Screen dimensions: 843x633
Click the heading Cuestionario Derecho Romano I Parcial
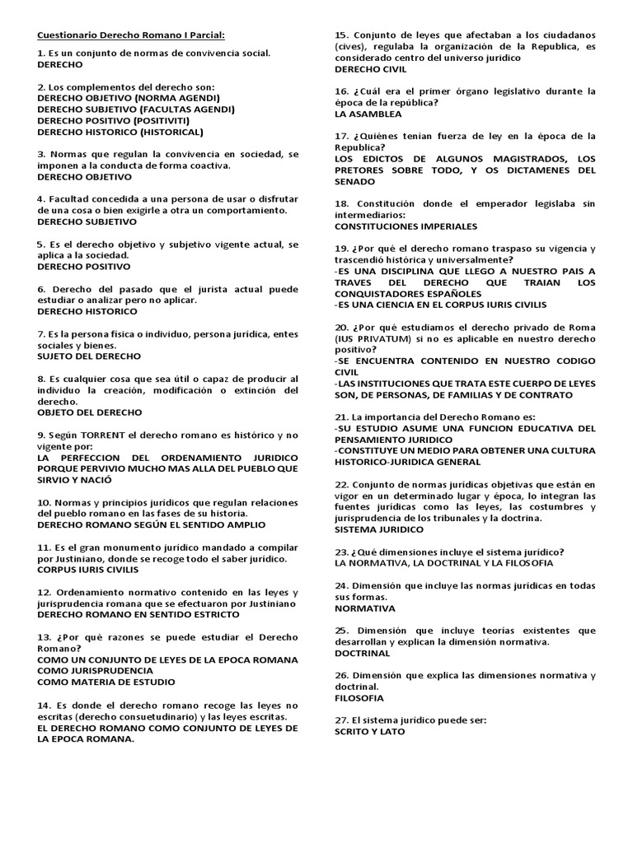pos(131,35)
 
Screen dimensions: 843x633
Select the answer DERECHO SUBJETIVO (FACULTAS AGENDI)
pos(135,109)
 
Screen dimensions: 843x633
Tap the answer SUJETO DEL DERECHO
pos(89,356)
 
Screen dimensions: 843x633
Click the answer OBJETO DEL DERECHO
pos(90,412)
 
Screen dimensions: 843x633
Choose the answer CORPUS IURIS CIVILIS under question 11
pos(88,570)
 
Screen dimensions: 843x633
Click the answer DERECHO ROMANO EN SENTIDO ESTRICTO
pos(143,615)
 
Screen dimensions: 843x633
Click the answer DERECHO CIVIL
pos(371,70)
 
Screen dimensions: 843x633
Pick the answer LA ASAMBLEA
pos(368,114)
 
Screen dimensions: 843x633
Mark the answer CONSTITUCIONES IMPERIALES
pos(406,226)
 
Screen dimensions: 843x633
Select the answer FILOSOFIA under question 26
pos(359,698)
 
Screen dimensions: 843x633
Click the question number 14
pos(45,705)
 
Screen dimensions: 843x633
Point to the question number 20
pos(342,327)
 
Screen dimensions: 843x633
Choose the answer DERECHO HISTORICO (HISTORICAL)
pos(120,132)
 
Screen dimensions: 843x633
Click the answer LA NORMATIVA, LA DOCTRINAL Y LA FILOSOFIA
pos(443,564)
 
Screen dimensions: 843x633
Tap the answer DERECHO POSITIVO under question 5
pos(84,267)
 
